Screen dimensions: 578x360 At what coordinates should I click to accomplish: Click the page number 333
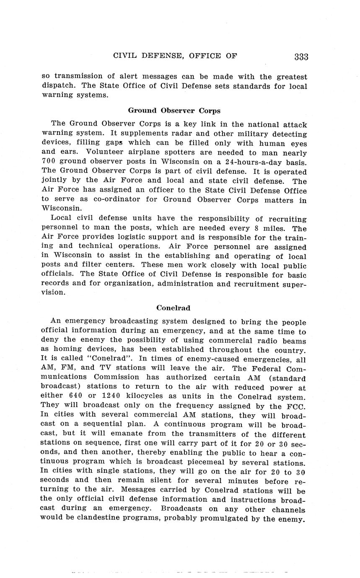tap(301, 57)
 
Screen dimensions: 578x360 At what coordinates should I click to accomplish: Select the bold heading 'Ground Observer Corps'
tap(174, 111)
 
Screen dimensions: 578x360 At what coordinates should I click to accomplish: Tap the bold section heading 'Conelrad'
tap(173, 308)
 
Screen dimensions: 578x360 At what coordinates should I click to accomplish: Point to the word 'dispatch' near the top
tap(59, 86)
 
